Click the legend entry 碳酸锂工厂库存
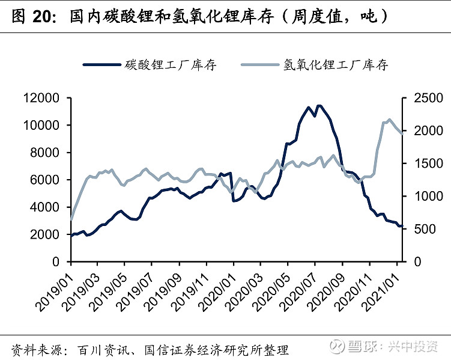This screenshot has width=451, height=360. click(x=171, y=65)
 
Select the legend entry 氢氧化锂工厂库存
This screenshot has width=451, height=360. click(x=336, y=65)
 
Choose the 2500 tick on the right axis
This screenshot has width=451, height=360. click(x=426, y=98)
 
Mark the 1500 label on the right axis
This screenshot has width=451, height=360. click(x=426, y=163)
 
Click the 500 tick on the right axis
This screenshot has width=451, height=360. click(x=423, y=229)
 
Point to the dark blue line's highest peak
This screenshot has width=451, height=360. click(x=318, y=106)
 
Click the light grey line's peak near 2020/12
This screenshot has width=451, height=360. click(x=389, y=120)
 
